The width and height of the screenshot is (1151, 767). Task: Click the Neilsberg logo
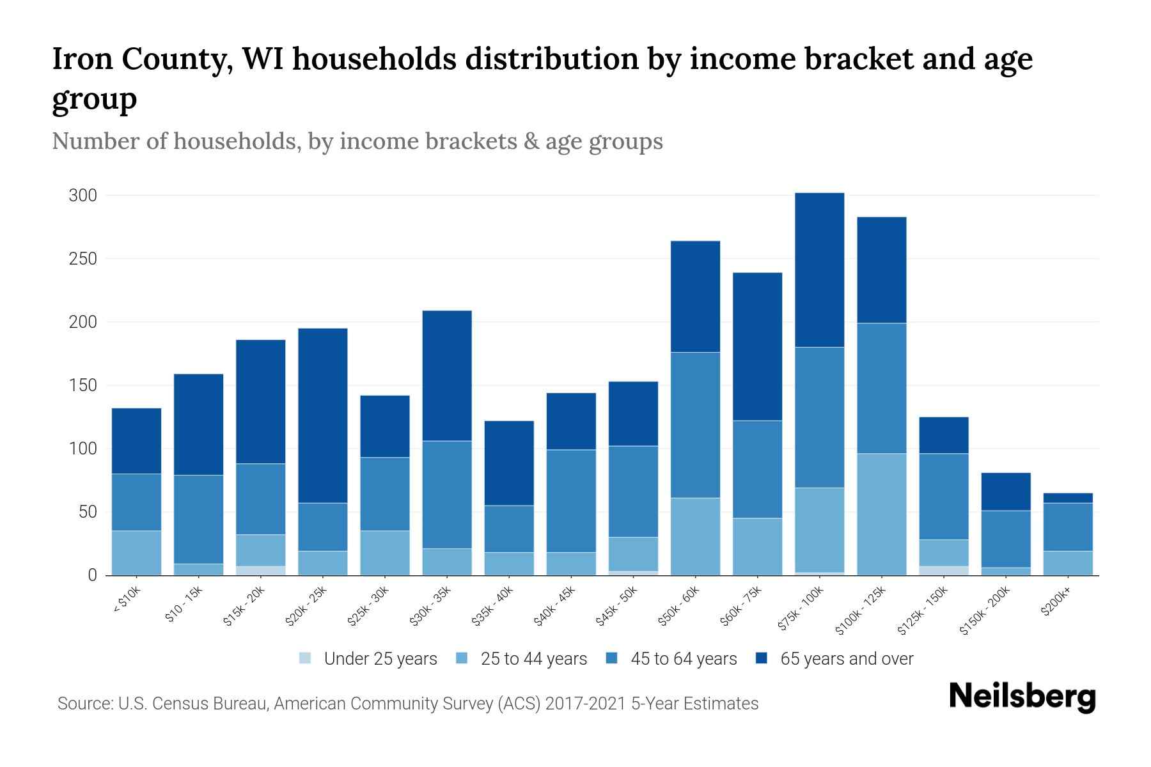[x=1022, y=697]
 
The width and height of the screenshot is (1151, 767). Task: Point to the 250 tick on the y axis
[x=82, y=259]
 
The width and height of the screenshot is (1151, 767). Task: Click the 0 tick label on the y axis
[x=92, y=575]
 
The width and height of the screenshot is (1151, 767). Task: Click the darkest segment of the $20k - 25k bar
[x=323, y=415]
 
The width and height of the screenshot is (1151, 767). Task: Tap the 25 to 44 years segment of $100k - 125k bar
[x=882, y=515]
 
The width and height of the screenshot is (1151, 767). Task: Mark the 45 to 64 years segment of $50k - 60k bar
[x=695, y=425]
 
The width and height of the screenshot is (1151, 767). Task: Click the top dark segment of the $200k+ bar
[x=1068, y=498]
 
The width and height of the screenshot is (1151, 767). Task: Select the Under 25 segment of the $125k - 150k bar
[x=944, y=570]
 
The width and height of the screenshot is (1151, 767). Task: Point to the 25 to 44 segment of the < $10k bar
[x=136, y=553]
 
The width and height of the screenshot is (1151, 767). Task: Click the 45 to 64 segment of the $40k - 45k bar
[x=571, y=500]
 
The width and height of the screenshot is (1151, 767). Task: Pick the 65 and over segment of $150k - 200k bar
[x=1006, y=492]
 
